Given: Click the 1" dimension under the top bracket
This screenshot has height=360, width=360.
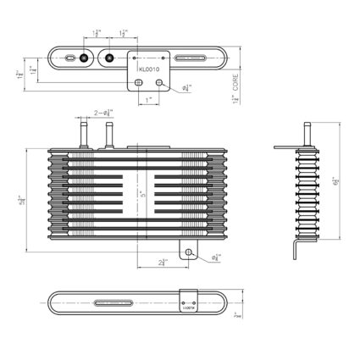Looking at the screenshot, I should click(149, 100).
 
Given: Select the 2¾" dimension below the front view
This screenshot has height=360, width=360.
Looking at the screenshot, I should click(162, 263).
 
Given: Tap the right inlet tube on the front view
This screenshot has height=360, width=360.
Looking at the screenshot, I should click(109, 130).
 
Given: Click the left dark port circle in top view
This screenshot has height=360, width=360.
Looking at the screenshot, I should click(84, 58).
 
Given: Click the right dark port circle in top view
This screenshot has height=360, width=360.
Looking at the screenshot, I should click(109, 58).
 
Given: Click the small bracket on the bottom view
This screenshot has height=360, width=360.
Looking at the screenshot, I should click(189, 302).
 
